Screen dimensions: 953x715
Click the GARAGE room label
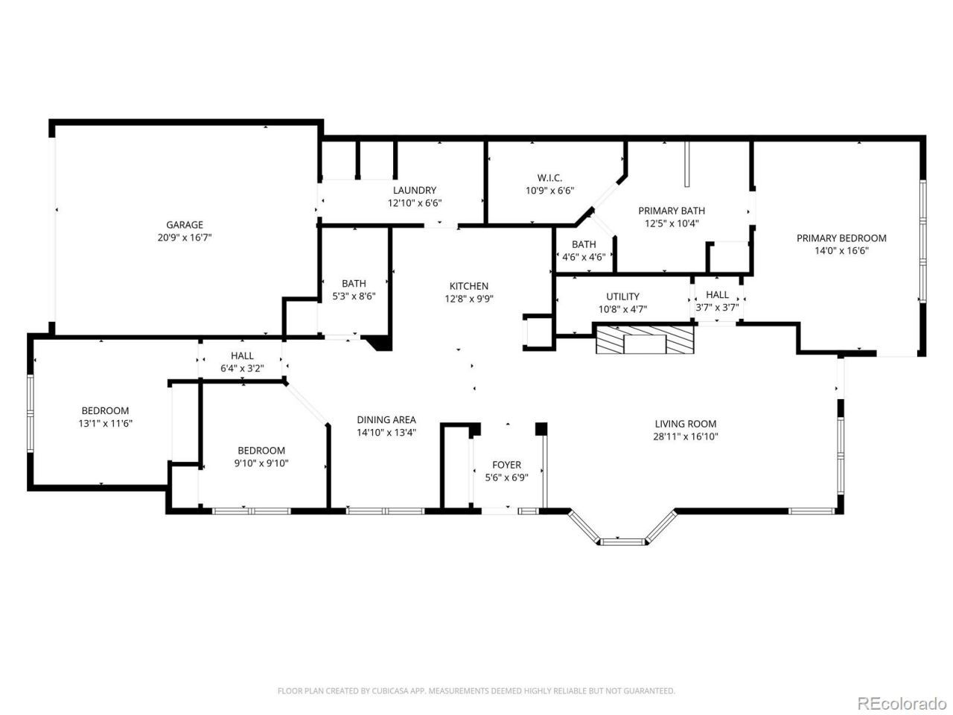(x=185, y=225)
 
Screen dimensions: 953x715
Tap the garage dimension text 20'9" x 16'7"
(x=185, y=238)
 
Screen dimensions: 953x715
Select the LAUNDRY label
(x=415, y=190)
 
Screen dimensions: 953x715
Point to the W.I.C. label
(x=549, y=177)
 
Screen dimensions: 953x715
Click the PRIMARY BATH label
(x=672, y=211)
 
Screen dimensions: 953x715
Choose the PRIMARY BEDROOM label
(x=841, y=238)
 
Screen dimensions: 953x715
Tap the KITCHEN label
(x=469, y=286)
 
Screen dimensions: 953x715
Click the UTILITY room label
(x=622, y=296)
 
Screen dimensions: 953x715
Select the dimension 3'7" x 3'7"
(x=717, y=308)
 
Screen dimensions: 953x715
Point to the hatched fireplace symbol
(x=646, y=340)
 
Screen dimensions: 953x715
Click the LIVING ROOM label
(x=686, y=424)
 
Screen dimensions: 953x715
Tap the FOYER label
(x=507, y=465)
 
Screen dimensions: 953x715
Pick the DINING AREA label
(x=386, y=420)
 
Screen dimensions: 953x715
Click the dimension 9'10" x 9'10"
(x=261, y=463)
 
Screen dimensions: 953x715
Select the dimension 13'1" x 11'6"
(x=106, y=423)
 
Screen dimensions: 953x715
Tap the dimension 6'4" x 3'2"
(x=242, y=369)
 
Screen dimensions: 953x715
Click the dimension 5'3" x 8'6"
(x=354, y=296)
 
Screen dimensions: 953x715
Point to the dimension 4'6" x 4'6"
(x=584, y=257)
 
